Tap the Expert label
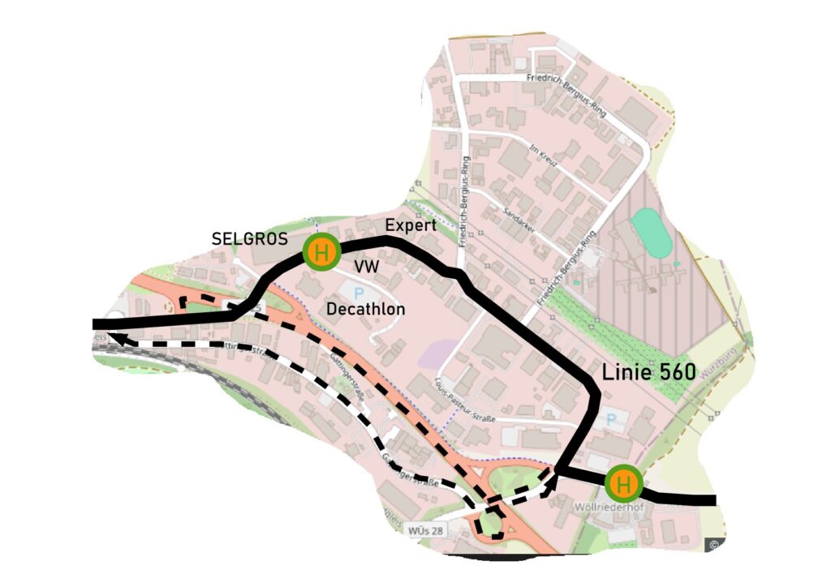(x=410, y=225)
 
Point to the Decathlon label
(x=365, y=309)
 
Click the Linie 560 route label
(x=648, y=372)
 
